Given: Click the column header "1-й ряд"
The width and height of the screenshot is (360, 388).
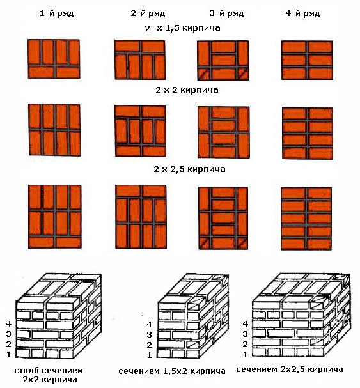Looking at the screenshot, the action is pyautogui.click(x=57, y=13).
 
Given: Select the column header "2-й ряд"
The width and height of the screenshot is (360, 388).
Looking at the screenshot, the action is pyautogui.click(x=148, y=13).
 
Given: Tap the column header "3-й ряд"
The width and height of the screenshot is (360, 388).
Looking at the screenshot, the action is pyautogui.click(x=226, y=13).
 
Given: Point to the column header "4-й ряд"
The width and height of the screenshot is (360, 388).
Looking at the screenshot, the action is pyautogui.click(x=302, y=13).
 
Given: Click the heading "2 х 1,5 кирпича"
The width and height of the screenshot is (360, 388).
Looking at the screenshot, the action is pyautogui.click(x=182, y=28).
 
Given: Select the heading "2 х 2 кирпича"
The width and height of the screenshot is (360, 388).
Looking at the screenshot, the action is pyautogui.click(x=187, y=89).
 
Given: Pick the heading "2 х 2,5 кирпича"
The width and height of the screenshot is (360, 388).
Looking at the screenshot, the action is pyautogui.click(x=189, y=169).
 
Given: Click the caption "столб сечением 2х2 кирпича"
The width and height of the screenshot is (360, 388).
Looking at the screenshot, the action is pyautogui.click(x=49, y=375).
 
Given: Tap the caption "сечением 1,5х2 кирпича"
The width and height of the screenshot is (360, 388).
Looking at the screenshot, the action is pyautogui.click(x=172, y=371).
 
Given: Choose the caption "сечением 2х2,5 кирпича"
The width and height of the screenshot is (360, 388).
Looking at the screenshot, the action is pyautogui.click(x=290, y=369).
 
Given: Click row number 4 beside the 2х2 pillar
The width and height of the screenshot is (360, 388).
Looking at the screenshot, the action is pyautogui.click(x=9, y=323).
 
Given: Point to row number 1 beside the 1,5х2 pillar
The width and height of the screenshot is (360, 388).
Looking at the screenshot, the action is pyautogui.click(x=149, y=355).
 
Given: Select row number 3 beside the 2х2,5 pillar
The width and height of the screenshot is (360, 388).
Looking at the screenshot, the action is pyautogui.click(x=245, y=334).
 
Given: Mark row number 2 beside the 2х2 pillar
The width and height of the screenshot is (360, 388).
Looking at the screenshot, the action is pyautogui.click(x=9, y=344).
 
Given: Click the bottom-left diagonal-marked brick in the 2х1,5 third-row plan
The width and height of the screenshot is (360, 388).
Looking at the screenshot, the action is pyautogui.click(x=204, y=74).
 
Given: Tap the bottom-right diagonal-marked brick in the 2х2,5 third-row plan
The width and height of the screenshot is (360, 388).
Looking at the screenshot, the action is pyautogui.click(x=242, y=244).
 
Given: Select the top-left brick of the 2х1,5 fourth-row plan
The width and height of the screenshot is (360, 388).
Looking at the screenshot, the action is pyautogui.click(x=295, y=47).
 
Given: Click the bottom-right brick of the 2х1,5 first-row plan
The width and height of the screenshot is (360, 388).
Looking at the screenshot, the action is pyautogui.click(x=68, y=72).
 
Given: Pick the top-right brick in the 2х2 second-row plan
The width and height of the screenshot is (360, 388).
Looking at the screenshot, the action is pyautogui.click(x=153, y=111).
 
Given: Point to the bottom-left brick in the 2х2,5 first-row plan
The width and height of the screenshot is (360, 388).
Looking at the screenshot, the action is pyautogui.click(x=41, y=242).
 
